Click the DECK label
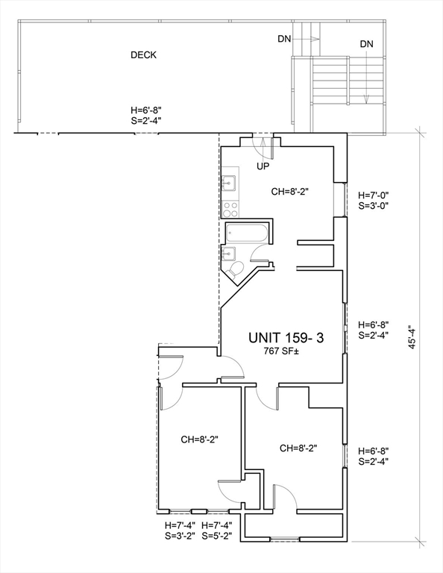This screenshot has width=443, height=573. tap(143, 54)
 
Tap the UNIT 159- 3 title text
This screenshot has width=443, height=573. tap(286, 338)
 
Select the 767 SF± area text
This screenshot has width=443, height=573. tap(282, 351)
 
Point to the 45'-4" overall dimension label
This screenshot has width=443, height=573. tap(412, 337)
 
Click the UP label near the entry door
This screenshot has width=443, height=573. tap(263, 166)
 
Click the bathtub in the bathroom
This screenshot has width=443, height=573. tap(247, 233)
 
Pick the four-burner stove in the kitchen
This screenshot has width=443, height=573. tap(230, 210)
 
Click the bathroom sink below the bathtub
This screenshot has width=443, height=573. tap(228, 253)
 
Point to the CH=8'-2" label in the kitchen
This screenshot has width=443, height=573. tap(290, 192)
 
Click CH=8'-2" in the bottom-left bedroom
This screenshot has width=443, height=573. tap(199, 439)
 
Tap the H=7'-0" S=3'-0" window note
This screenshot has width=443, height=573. tap(373, 200)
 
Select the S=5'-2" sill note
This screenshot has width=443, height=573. tap(216, 536)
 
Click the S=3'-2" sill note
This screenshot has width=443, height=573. tap(180, 536)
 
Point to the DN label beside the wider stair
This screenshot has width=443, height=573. tap(367, 44)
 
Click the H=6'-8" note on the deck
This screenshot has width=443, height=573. tap(146, 110)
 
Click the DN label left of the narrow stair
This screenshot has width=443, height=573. tap(284, 39)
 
